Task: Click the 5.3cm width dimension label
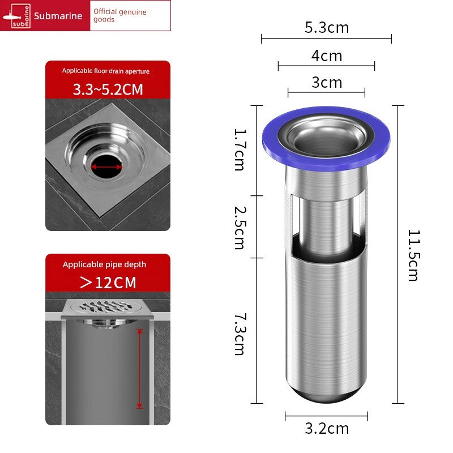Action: [327, 28]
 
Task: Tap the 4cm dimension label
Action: [327, 55]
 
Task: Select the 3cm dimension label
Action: [327, 83]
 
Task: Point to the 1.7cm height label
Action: [240, 149]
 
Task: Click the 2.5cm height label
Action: [240, 228]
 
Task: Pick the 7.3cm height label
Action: [240, 334]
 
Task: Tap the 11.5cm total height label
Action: [414, 255]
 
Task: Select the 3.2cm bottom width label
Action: [327, 428]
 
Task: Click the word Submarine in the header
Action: [58, 16]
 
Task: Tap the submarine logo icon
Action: [16, 16]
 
